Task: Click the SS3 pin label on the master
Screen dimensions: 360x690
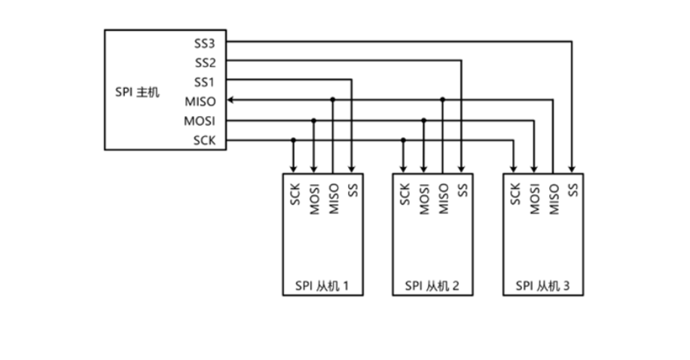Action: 205,43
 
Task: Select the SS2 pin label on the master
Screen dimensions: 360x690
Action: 205,63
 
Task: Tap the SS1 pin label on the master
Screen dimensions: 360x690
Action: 205,82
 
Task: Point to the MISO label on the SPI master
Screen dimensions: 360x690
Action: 200,102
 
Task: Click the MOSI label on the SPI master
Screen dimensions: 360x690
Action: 200,121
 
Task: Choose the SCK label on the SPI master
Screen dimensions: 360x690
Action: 204,140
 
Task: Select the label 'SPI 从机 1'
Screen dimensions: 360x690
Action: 322,286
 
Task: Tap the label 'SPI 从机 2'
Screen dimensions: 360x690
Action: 433,286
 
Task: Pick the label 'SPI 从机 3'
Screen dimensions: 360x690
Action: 544,286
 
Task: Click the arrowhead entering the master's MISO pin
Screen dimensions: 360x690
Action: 231,99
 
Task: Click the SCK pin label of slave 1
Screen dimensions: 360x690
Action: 295,194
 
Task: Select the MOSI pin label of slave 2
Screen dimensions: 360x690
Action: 424,199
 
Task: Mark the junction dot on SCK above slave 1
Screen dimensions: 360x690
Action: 294,139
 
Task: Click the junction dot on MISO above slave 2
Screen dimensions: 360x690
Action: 443,99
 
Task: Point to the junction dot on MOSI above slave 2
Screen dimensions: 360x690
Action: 424,120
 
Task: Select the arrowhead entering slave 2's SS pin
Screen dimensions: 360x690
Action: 462,169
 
